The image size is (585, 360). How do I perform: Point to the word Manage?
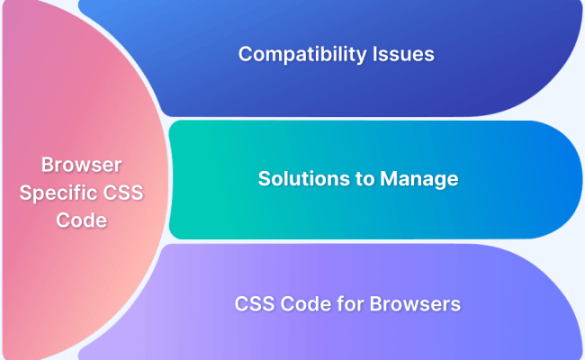(419, 178)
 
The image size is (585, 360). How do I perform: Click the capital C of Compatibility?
(245, 54)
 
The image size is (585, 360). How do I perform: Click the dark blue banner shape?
(504, 81)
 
